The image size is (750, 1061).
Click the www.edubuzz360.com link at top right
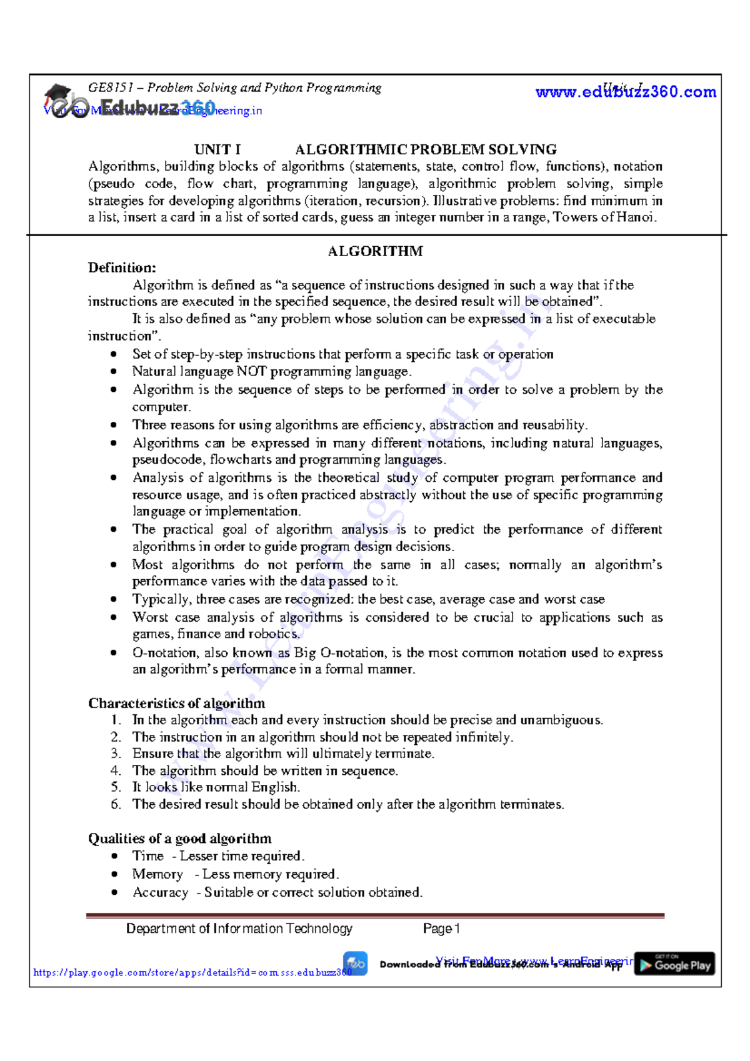coord(626,92)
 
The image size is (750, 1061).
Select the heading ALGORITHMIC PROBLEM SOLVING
coord(426,149)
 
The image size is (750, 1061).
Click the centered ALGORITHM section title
coord(375,251)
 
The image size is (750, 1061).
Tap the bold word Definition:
coord(122,268)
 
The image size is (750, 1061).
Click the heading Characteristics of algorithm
coord(176,703)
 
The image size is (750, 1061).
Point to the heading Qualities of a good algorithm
coord(179,839)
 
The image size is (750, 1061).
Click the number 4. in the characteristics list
coord(116,771)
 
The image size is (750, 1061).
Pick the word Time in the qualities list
coord(147,856)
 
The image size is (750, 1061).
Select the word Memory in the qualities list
coord(157,874)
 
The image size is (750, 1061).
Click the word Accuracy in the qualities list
coord(160,892)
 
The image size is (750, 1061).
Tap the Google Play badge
coord(674,965)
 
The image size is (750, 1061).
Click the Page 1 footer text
coord(441,929)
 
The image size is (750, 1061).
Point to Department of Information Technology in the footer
coord(239,929)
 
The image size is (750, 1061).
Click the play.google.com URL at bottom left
coord(192,973)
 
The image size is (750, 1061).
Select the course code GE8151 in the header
coord(106,87)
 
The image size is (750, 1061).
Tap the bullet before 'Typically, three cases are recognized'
coord(114,599)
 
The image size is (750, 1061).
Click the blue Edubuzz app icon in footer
coord(355,963)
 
